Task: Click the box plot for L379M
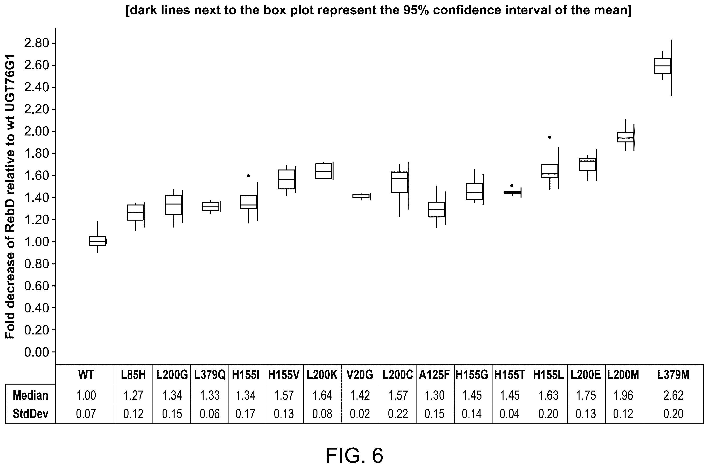click(662, 66)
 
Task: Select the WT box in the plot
click(97, 240)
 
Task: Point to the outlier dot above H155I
click(248, 176)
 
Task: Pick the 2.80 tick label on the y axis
click(36, 44)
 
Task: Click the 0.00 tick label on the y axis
click(36, 352)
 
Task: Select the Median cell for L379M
click(673, 395)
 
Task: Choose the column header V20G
click(360, 374)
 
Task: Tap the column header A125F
click(434, 374)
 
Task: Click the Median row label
click(30, 395)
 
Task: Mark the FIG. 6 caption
click(354, 455)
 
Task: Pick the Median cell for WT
click(86, 395)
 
